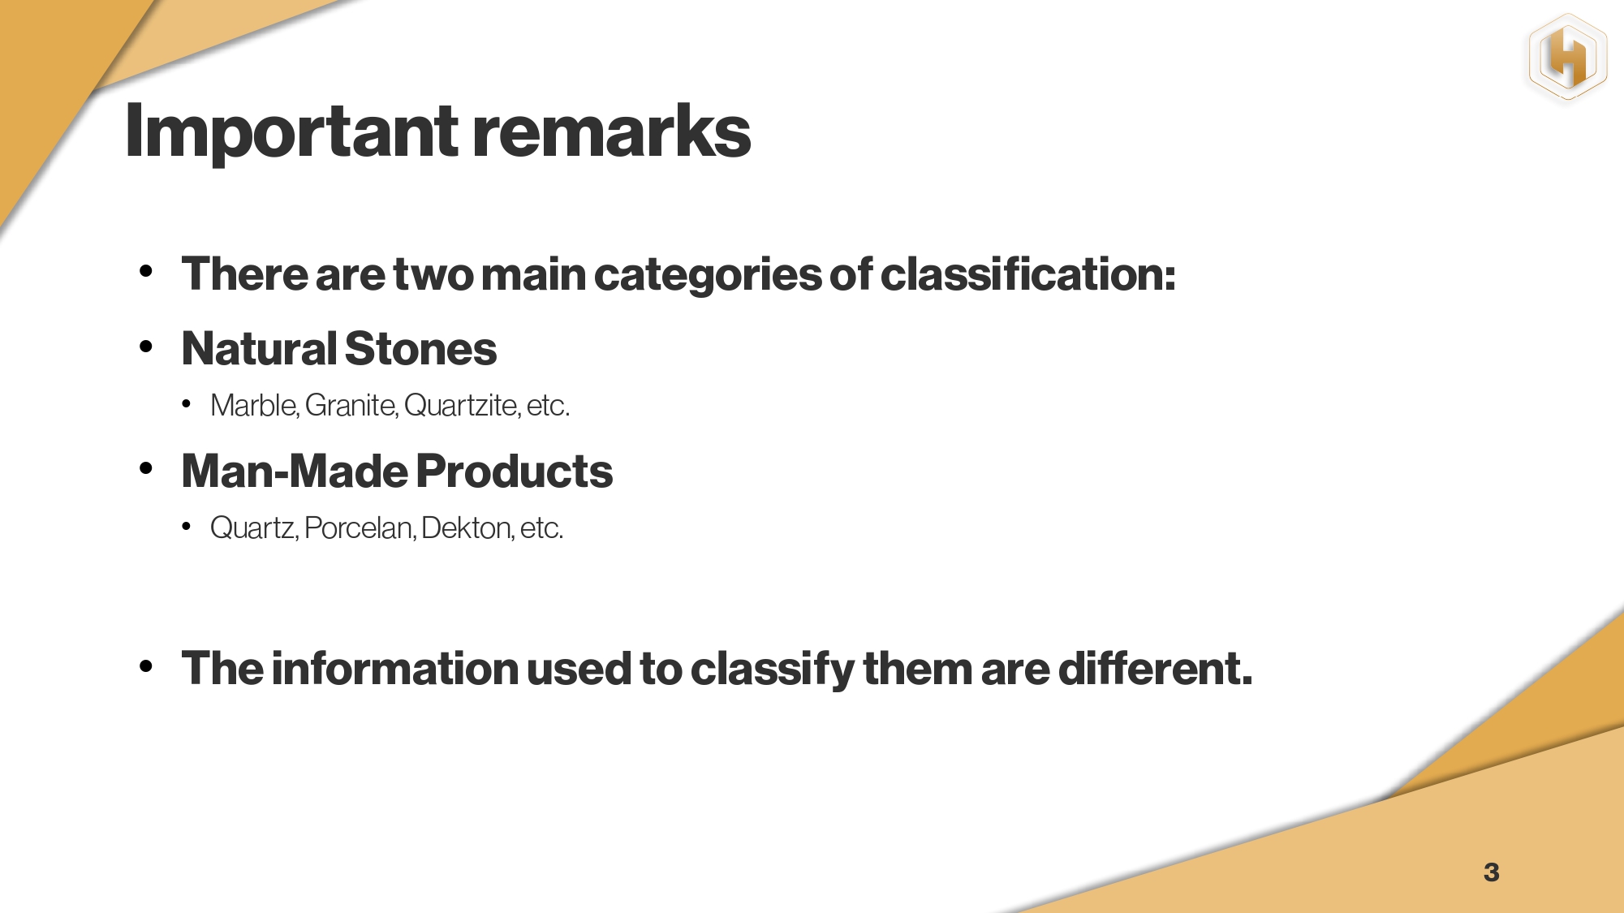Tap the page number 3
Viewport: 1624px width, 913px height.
coord(1491,872)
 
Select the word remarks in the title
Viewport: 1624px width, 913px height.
coord(612,132)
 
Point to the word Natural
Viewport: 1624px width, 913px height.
coord(259,349)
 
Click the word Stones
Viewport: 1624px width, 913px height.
coord(420,349)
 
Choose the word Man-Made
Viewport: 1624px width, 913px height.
coord(295,472)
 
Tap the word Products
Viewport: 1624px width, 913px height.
coord(515,472)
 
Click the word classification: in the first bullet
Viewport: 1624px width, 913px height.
coord(1027,274)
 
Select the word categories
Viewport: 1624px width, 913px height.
coord(707,276)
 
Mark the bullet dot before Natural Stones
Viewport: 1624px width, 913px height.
coord(146,347)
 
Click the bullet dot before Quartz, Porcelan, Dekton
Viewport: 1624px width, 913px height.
coord(186,528)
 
